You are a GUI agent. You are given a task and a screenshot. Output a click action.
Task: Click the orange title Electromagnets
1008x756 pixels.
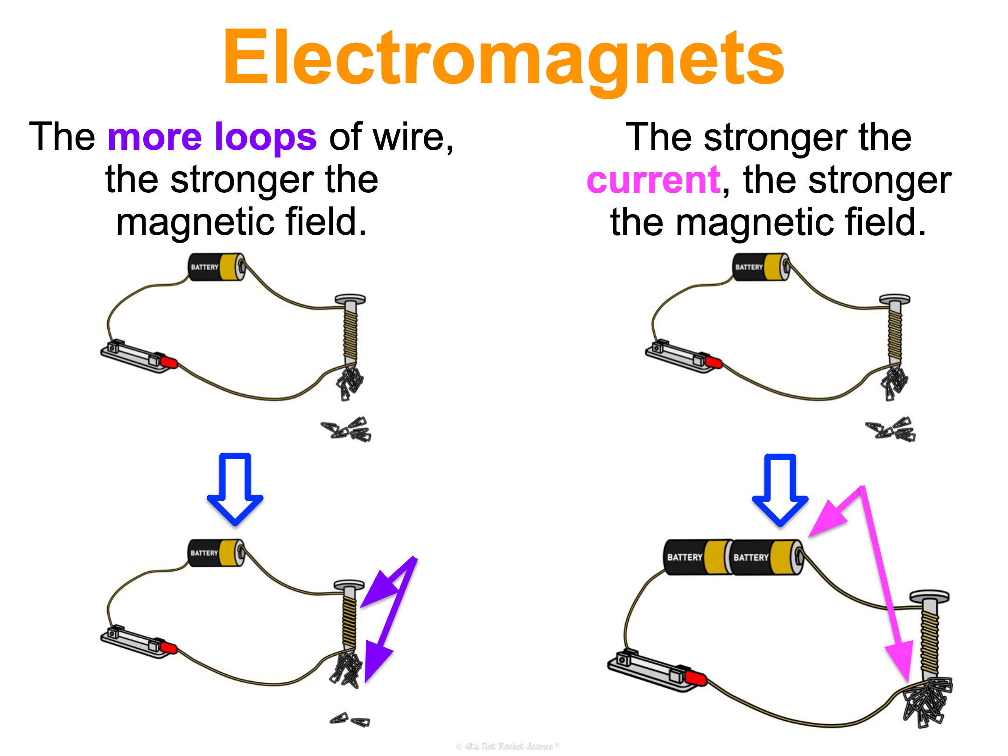tap(504, 58)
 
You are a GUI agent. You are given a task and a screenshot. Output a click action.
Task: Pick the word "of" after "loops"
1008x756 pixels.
tap(345, 137)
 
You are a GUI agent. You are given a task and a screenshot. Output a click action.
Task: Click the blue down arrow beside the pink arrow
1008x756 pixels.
tap(780, 490)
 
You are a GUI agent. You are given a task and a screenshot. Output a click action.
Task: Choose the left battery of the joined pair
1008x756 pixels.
tap(695, 557)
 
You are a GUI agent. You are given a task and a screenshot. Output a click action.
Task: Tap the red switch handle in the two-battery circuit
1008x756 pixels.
tap(695, 678)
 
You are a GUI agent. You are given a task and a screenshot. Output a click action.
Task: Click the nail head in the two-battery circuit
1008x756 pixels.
tap(930, 596)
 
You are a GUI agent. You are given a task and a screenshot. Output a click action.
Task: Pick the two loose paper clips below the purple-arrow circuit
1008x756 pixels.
tap(350, 720)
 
